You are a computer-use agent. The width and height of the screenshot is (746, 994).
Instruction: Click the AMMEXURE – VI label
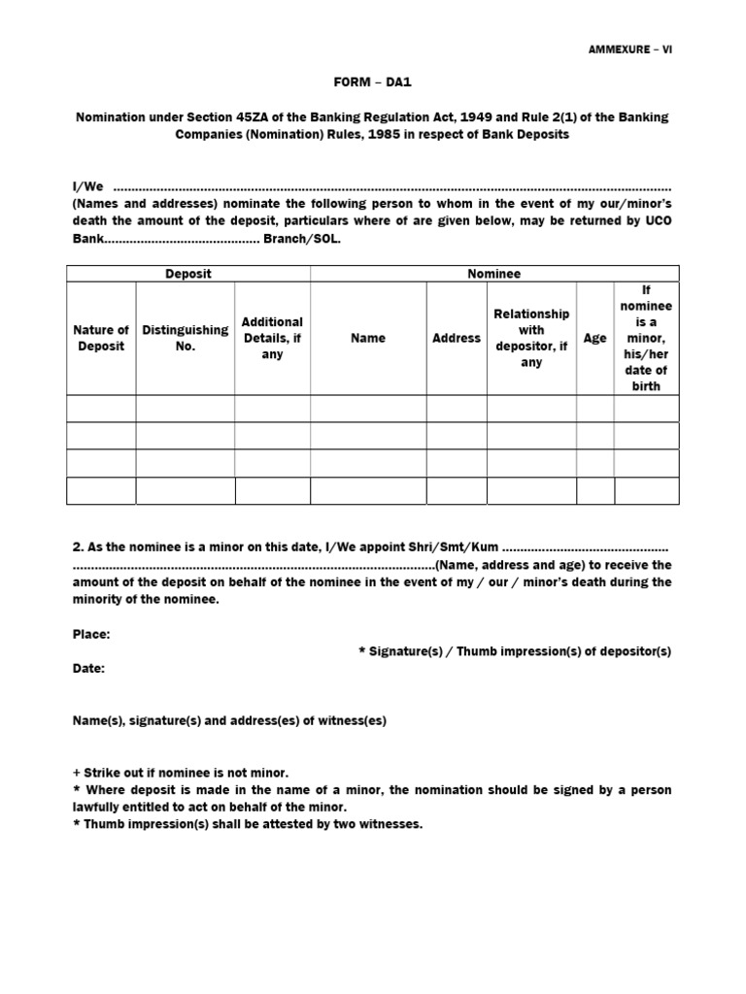[629, 50]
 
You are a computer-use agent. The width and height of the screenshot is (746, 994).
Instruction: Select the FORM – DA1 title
[372, 83]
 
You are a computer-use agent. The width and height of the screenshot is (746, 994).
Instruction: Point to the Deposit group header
[188, 275]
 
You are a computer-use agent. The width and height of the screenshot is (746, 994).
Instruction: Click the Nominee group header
[493, 275]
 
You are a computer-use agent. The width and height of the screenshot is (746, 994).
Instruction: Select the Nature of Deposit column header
[101, 338]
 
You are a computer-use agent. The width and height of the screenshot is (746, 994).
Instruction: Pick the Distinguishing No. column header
[186, 338]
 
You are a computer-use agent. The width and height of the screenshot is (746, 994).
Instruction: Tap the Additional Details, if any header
[272, 338]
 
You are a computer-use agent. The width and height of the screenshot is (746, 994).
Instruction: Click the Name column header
[368, 338]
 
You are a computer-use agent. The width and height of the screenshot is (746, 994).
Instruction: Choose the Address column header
[457, 338]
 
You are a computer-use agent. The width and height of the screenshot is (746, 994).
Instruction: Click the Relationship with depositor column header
[531, 338]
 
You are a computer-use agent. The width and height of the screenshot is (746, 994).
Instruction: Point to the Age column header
[595, 338]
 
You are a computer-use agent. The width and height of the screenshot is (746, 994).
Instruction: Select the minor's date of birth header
[646, 338]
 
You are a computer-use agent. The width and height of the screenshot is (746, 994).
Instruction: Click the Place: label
[91, 634]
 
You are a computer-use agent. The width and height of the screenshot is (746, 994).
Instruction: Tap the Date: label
[89, 669]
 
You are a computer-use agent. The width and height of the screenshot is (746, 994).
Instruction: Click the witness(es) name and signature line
[229, 720]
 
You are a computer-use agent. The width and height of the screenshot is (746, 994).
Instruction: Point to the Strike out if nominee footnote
[181, 773]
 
